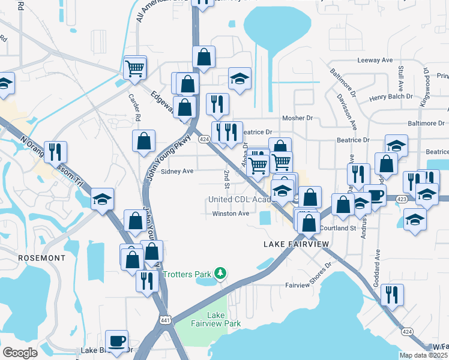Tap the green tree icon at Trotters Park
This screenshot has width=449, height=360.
point(221,274)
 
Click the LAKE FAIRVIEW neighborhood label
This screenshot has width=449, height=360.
point(297,244)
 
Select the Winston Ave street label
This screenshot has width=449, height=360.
point(231,214)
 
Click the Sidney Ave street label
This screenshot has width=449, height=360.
point(176,171)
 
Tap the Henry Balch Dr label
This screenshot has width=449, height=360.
point(391,96)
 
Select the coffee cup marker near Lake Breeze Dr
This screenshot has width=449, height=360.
point(117,341)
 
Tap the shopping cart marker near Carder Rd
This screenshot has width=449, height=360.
point(135,67)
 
